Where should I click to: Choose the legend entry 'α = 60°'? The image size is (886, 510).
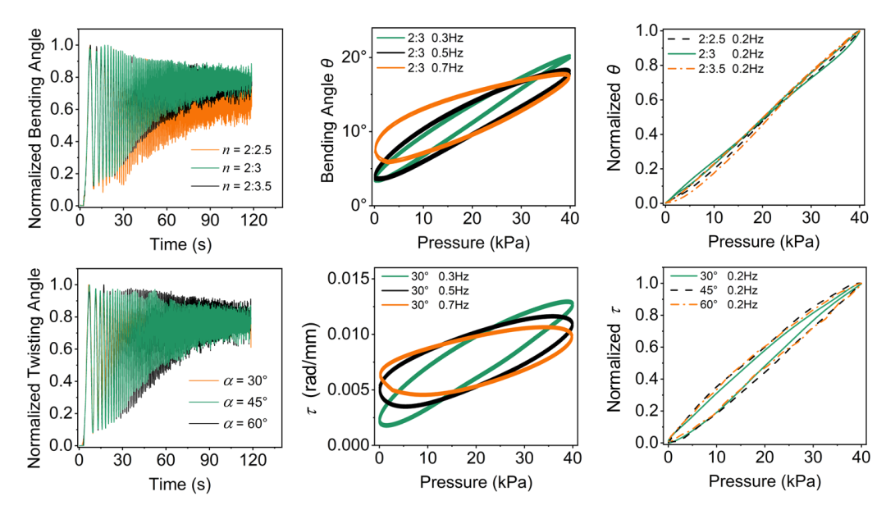228,423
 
